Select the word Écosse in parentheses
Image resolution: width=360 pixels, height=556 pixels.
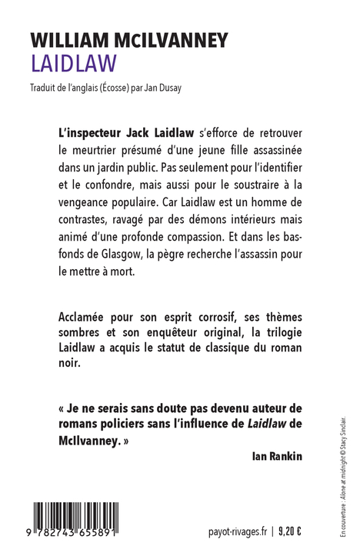point(118,87)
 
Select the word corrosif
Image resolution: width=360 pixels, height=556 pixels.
point(188,315)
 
